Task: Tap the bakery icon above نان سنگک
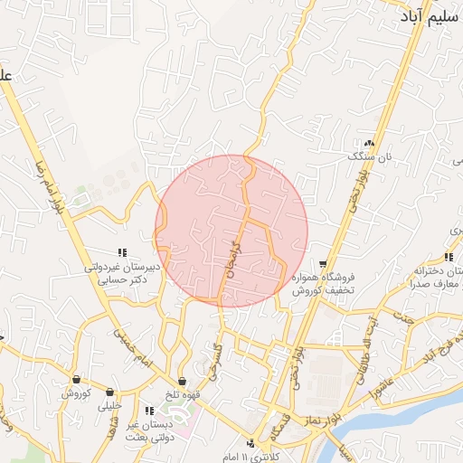(368, 143)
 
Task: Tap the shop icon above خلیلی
(110, 392)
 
